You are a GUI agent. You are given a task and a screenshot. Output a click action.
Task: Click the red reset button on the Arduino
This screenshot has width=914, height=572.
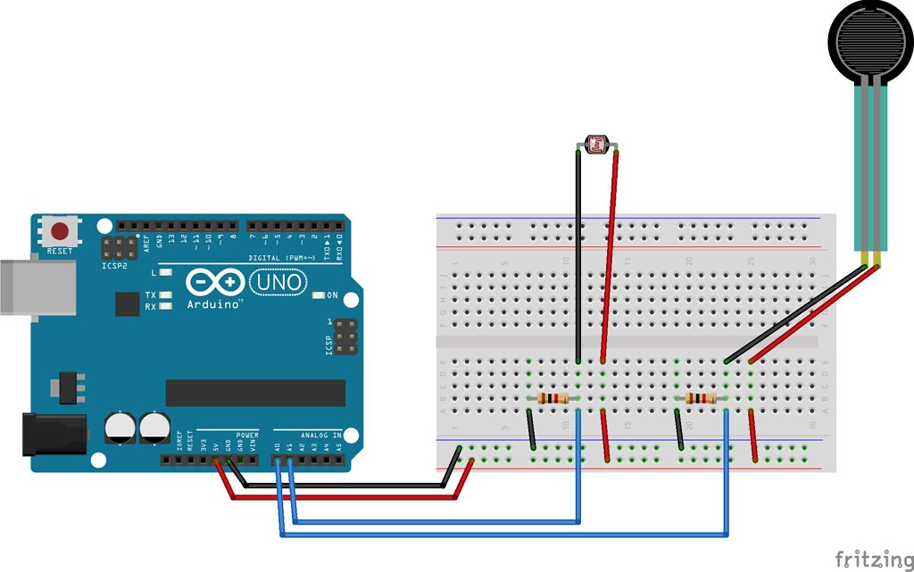click(60, 231)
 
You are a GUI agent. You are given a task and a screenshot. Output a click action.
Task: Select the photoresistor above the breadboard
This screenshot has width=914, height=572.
click(595, 143)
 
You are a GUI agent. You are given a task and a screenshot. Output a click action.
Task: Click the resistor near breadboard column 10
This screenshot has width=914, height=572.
click(554, 398)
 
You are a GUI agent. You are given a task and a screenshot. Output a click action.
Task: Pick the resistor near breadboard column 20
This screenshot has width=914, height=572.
click(702, 398)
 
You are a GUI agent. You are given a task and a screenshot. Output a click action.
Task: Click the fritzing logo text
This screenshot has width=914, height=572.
click(874, 559)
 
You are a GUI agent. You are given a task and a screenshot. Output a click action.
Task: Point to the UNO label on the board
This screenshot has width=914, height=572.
click(277, 283)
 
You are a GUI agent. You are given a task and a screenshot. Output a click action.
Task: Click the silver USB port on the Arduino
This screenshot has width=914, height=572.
click(31, 286)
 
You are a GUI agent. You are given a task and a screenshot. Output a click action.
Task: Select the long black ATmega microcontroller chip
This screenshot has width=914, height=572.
click(255, 393)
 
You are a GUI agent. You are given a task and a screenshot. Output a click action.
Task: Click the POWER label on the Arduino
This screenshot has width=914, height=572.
click(247, 435)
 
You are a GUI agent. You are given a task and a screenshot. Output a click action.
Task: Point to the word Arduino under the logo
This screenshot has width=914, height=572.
click(214, 304)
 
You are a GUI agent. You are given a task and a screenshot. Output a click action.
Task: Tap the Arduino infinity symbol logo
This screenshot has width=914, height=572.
click(215, 283)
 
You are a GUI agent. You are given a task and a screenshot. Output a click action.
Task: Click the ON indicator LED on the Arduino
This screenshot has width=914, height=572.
click(319, 295)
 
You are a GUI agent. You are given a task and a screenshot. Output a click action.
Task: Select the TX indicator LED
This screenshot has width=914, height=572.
click(165, 294)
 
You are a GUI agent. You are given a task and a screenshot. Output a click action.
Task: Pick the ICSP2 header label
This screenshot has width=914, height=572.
click(114, 265)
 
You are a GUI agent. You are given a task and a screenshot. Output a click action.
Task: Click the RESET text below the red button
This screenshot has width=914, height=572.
click(60, 252)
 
